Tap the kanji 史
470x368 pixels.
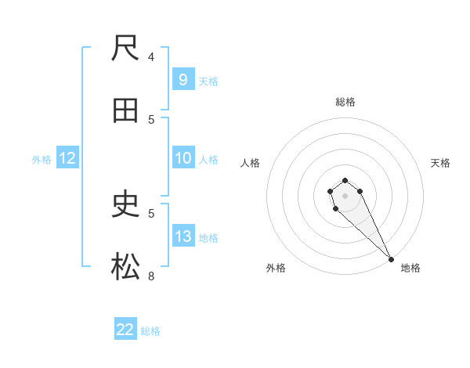click(x=126, y=205)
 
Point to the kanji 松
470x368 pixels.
click(x=126, y=268)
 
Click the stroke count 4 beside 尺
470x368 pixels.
click(x=151, y=56)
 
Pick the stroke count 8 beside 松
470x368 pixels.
click(x=151, y=276)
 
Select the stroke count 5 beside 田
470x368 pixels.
click(x=151, y=119)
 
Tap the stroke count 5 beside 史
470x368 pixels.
click(x=151, y=212)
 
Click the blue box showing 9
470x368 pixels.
click(x=183, y=79)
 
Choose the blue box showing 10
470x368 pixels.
click(x=183, y=158)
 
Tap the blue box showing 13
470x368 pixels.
click(x=183, y=236)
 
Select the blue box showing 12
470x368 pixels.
click(x=67, y=158)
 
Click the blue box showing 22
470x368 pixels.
click(x=125, y=330)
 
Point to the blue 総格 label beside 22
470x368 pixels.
click(x=150, y=331)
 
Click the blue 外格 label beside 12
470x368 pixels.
click(x=42, y=160)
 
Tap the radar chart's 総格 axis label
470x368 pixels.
click(x=345, y=102)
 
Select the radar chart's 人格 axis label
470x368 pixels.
click(x=251, y=163)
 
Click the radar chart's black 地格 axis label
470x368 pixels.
click(x=410, y=268)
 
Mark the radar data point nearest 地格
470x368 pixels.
click(x=392, y=259)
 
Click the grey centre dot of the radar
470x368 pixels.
click(x=345, y=196)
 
